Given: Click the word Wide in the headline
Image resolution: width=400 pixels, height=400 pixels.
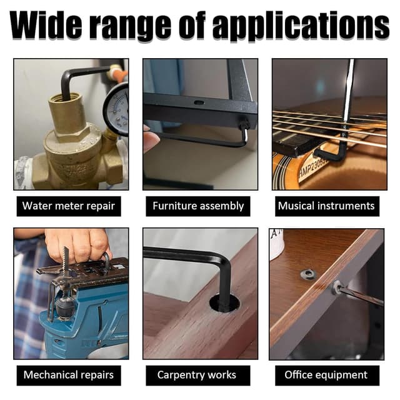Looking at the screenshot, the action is (x=46, y=26).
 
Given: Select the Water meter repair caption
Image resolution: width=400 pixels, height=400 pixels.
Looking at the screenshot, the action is (x=69, y=206).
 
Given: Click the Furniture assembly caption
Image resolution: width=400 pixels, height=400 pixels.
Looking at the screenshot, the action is (x=198, y=206).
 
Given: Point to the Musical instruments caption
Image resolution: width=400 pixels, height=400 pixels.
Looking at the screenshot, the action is (x=326, y=206).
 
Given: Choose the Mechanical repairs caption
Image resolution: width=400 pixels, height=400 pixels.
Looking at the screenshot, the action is (x=68, y=375).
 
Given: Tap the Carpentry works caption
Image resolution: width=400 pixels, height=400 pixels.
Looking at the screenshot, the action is (x=197, y=375).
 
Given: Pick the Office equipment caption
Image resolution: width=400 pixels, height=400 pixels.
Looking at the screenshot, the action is (x=326, y=375).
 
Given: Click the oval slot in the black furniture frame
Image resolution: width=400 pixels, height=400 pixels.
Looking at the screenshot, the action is (x=199, y=102).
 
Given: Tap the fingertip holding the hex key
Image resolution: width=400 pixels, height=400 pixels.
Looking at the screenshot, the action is (x=151, y=140).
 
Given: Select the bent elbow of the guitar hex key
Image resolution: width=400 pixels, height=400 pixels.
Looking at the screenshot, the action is (x=341, y=154).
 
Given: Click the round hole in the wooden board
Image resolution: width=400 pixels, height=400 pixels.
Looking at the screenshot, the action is (x=224, y=303).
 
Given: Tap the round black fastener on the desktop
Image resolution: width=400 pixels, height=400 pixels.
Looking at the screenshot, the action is (x=308, y=274).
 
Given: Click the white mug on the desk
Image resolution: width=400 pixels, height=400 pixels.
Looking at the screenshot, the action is (x=276, y=244).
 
